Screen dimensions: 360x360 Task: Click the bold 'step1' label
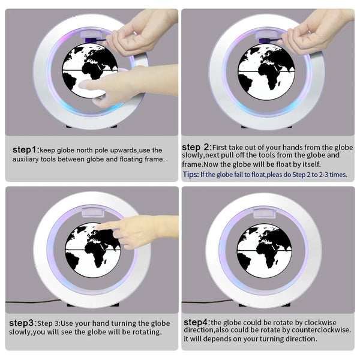25,149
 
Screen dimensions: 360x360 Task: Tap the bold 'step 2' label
196,147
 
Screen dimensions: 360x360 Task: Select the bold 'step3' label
22,323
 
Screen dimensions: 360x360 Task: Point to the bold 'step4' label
196,322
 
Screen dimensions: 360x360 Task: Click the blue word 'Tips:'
191,175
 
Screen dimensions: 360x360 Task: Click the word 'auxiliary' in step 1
25,159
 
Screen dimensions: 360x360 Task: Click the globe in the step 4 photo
264,250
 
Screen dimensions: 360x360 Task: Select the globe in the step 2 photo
266,71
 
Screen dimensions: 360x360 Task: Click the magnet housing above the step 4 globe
264,213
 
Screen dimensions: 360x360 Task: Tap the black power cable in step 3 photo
33,301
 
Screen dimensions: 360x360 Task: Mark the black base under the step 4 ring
265,305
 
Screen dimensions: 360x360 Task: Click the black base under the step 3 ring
93,305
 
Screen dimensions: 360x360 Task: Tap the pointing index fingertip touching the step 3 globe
97,227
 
